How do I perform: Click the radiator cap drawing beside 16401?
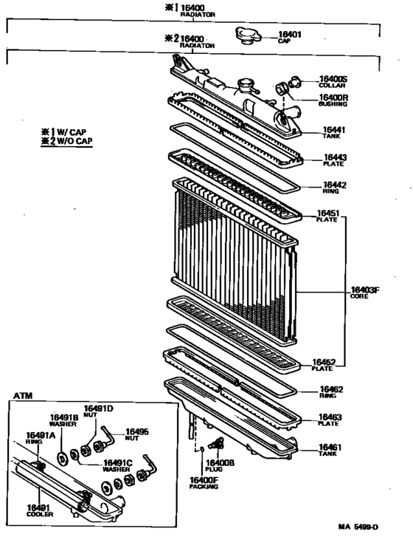click(x=248, y=35)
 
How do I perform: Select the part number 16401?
click(x=290, y=34)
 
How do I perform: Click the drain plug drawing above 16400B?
click(x=216, y=443)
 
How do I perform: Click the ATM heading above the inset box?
click(x=23, y=396)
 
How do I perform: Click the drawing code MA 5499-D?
click(x=358, y=527)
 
